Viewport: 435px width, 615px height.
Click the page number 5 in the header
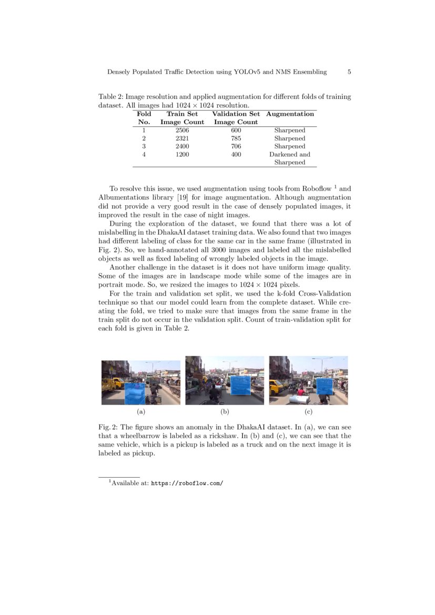pyautogui.click(x=349, y=72)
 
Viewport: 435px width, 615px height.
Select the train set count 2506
pyautogui.click(x=182, y=130)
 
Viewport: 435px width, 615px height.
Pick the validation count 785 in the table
pyautogui.click(x=236, y=138)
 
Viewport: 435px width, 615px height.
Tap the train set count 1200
pyautogui.click(x=182, y=155)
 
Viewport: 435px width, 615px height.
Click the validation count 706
pyautogui.click(x=236, y=146)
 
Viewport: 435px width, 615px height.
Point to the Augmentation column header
pyautogui.click(x=290, y=114)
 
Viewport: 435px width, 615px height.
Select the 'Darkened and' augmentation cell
pyautogui.click(x=290, y=155)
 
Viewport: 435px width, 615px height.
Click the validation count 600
pyautogui.click(x=236, y=130)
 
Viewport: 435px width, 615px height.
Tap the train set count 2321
pyautogui.click(x=182, y=138)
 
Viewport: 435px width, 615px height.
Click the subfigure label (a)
pyautogui.click(x=140, y=411)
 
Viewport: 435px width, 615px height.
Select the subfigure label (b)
pyautogui.click(x=225, y=411)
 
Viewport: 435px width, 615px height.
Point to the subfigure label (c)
pyautogui.click(x=308, y=411)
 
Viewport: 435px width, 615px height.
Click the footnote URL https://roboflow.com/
pyautogui.click(x=187, y=482)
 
